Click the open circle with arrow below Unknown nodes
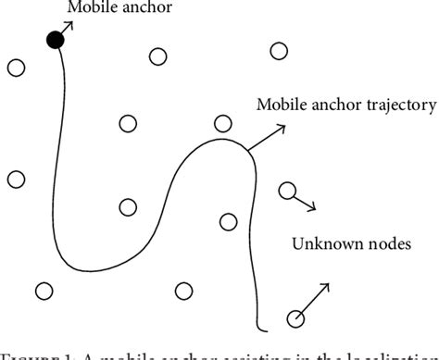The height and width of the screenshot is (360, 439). pyautogui.click(x=295, y=320)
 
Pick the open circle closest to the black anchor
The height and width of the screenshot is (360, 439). pyautogui.click(x=16, y=67)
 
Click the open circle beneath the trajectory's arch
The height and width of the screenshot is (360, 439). pyautogui.click(x=229, y=220)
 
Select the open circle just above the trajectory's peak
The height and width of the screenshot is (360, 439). pyautogui.click(x=222, y=123)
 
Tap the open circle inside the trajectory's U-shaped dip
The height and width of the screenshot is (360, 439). pyautogui.click(x=128, y=207)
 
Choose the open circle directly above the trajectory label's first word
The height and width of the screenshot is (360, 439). pyautogui.click(x=277, y=51)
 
